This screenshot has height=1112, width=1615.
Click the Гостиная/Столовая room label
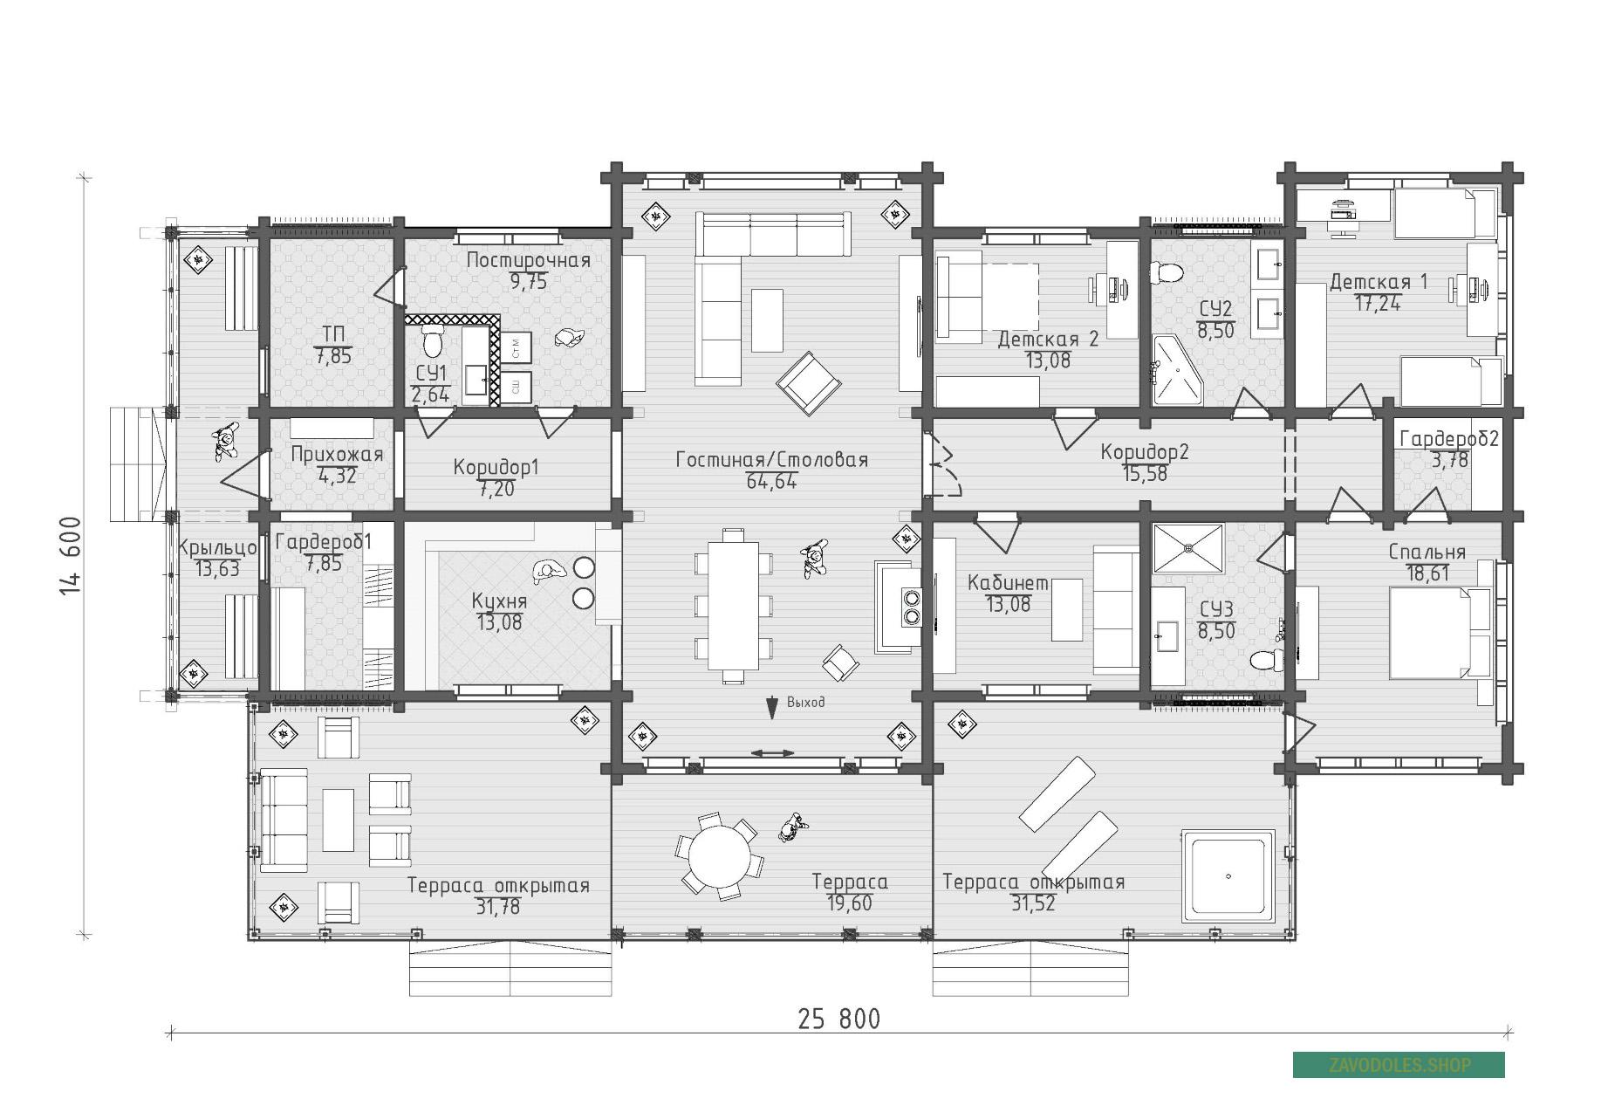click(x=772, y=460)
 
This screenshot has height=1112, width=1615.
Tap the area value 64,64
click(x=772, y=481)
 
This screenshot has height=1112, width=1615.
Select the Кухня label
click(x=500, y=601)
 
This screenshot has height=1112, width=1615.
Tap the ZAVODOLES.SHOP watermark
click(x=1399, y=1065)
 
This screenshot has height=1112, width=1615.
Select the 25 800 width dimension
click(x=839, y=1019)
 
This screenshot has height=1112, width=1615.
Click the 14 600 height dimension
click(x=71, y=557)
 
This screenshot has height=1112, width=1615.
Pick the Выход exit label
click(x=805, y=702)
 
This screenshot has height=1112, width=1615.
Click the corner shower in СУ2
click(x=1177, y=370)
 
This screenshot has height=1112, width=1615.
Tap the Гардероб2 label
click(x=1449, y=439)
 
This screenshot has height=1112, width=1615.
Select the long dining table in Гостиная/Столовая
click(x=733, y=605)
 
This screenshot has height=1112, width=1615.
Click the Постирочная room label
click(x=529, y=260)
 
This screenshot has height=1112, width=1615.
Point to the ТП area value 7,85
click(x=332, y=355)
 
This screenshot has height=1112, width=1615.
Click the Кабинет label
click(x=1009, y=583)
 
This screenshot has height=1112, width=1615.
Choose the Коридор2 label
click(x=1145, y=452)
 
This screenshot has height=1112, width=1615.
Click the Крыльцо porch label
click(x=217, y=548)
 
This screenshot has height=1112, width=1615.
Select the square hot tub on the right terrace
click(x=1228, y=876)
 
